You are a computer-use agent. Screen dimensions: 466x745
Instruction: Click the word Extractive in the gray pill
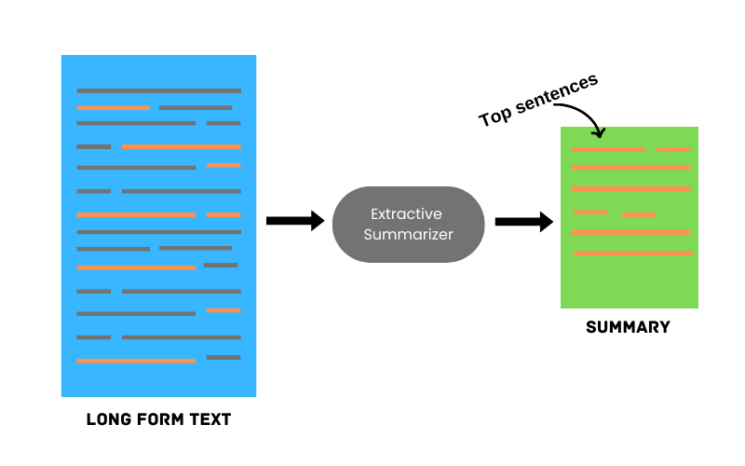coord(408,214)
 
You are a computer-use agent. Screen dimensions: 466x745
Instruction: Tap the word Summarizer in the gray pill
coord(408,235)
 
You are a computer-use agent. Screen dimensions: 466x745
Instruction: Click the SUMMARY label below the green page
coord(628,328)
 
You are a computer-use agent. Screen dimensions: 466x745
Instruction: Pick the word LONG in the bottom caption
coord(107,419)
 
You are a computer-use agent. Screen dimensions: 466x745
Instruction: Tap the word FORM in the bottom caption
coord(161,419)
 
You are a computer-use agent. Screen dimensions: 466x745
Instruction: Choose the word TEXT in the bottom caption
coord(210,419)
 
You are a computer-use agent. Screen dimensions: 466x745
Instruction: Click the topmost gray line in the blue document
coord(158,90)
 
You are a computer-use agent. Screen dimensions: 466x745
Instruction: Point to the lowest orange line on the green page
coord(633,253)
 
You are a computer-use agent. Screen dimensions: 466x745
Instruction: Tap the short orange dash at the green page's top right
coord(673,149)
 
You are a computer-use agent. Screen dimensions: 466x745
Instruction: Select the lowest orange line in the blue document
coord(136,360)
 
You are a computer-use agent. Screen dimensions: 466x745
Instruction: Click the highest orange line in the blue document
coord(114,108)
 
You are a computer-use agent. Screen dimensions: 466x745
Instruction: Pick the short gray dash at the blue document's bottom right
coord(223,357)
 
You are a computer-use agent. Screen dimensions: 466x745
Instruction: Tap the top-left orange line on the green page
coord(608,149)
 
